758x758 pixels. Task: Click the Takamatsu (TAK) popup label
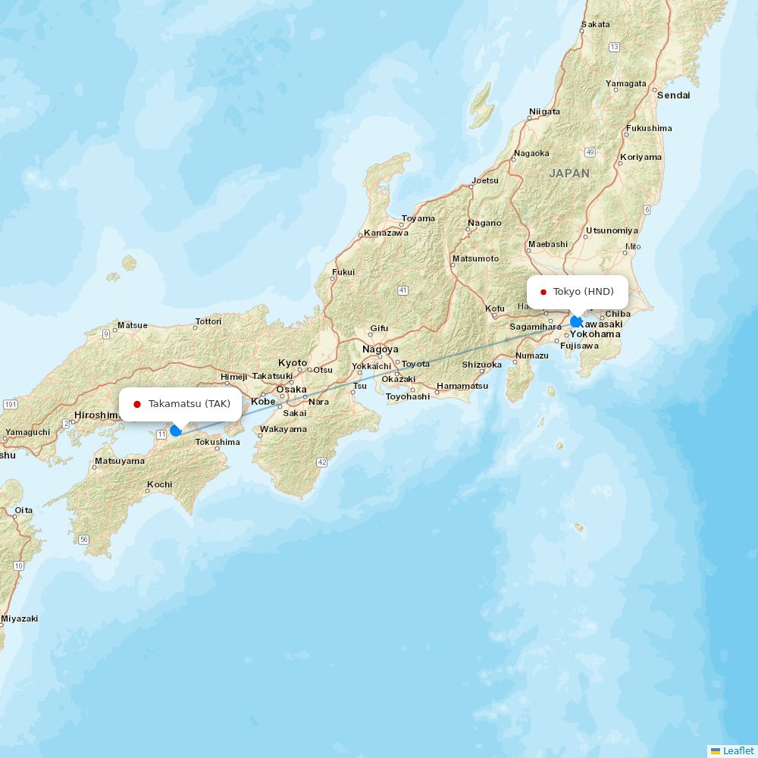coord(180,404)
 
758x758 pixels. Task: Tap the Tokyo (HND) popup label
coord(577,292)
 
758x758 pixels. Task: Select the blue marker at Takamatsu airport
coord(176,431)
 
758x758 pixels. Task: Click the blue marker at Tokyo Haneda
coord(576,321)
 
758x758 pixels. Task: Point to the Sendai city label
coord(673,96)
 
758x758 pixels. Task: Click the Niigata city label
coord(544,111)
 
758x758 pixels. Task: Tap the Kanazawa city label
coord(386,233)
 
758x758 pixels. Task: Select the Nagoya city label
coord(380,349)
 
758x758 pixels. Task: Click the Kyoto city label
coord(293,363)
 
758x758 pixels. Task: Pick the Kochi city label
coord(159,484)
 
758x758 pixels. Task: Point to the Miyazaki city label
coord(19,619)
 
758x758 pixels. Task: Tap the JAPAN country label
coord(569,174)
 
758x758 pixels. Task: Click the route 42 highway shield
coord(321,462)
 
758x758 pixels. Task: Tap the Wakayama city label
coord(283,429)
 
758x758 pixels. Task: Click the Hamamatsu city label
coord(462,386)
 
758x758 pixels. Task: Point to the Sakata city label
coord(595,24)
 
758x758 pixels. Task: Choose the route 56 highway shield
coord(83,540)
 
